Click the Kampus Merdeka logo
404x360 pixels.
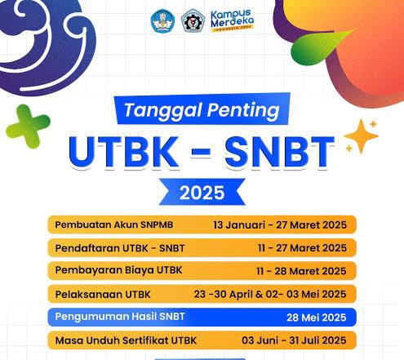[x=232, y=20]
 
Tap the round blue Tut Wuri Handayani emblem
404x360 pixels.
[x=162, y=21]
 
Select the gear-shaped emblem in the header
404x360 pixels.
[x=193, y=21]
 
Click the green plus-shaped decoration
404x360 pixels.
[x=28, y=127]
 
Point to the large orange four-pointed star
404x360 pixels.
[x=361, y=136]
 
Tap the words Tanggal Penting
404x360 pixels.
[x=202, y=110]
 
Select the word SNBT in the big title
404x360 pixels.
[x=279, y=152]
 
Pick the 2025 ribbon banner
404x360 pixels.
[x=202, y=192]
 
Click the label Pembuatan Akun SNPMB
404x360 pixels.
[x=114, y=224]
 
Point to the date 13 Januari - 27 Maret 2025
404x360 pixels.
[x=280, y=225]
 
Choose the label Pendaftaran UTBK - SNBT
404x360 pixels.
[x=120, y=248]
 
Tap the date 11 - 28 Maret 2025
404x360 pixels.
[x=301, y=271]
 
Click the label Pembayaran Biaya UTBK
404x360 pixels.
[x=118, y=270]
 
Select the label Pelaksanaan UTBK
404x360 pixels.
[x=103, y=295]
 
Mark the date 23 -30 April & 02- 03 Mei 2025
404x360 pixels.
[x=270, y=295]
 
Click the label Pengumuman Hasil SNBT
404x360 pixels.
[x=120, y=317]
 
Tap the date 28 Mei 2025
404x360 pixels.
[x=317, y=318]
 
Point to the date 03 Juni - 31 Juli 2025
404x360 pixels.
[x=294, y=340]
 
